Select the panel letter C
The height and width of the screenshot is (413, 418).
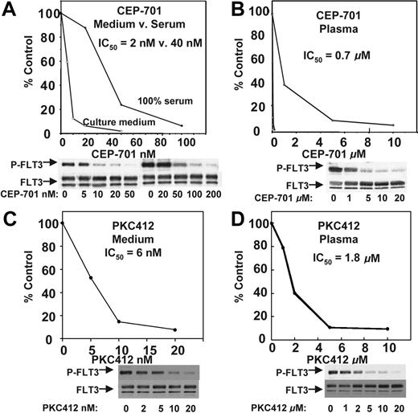coord(12,215)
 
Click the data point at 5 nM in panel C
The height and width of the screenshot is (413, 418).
coord(92,278)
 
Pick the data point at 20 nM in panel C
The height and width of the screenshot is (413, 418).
coord(175,329)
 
